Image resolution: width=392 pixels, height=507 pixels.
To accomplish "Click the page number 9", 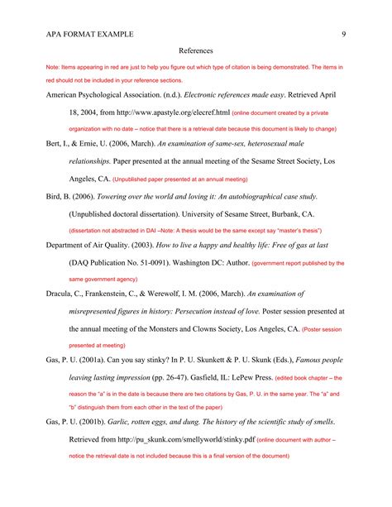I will click(342, 34).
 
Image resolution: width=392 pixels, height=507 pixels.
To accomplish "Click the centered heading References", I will click(196, 50).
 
